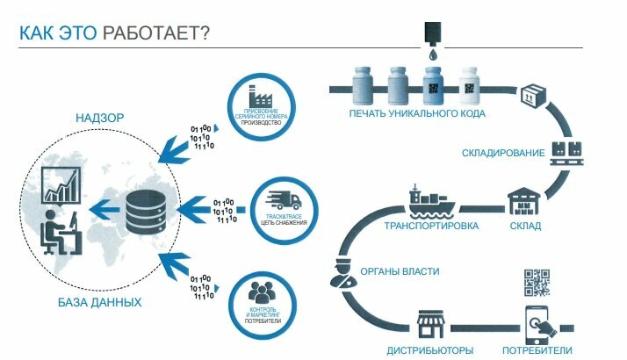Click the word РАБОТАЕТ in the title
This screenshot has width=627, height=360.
(x=155, y=33)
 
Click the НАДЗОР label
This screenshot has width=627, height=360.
(x=98, y=118)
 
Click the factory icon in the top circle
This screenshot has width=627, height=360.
(x=260, y=97)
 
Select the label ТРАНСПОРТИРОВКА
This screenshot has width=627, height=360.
(x=431, y=226)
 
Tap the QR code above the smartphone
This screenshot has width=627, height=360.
(x=536, y=283)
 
